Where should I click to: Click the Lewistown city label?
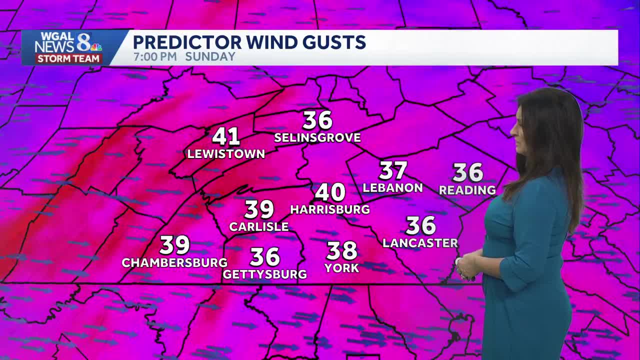226,154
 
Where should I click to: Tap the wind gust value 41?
226,136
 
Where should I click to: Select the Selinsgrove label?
317,138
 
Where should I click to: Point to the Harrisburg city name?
330,209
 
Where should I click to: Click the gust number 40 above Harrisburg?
330,192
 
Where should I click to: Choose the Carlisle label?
259,226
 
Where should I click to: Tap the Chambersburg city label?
174,262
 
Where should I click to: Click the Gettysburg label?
264,274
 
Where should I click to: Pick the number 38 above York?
342,250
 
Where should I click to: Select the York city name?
342,268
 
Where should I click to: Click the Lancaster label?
420,243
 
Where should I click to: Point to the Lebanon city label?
392,188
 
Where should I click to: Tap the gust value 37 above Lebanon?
393,170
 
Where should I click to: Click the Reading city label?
467,190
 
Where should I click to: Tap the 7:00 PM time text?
155,56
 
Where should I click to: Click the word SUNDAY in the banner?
210,56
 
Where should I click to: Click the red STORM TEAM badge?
68,58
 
